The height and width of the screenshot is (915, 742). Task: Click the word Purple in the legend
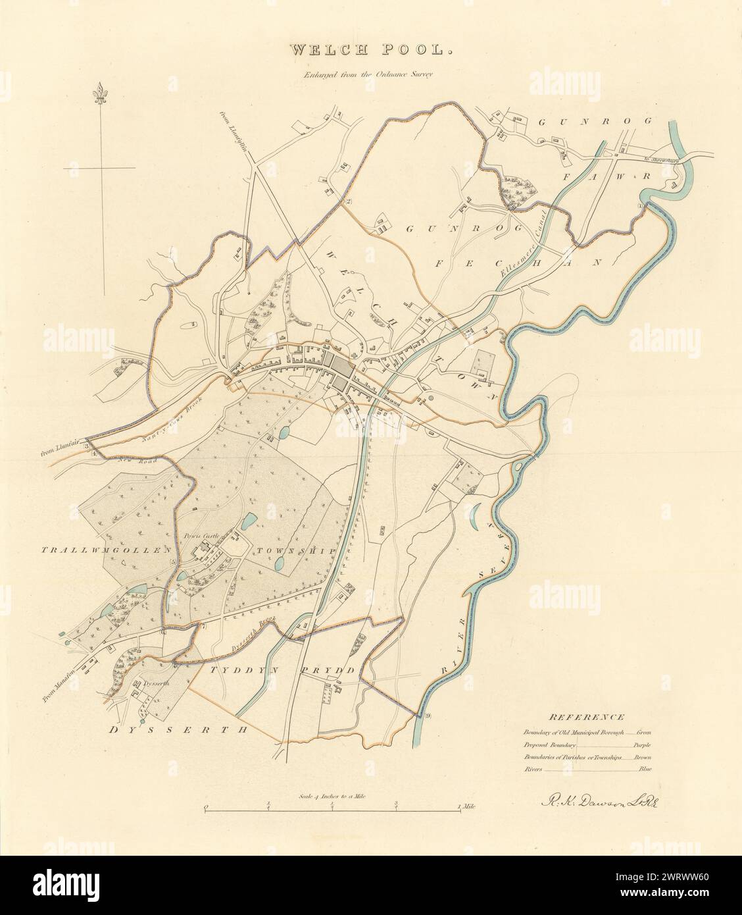pos(641,744)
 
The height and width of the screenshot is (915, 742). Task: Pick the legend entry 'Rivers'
pos(534,768)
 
